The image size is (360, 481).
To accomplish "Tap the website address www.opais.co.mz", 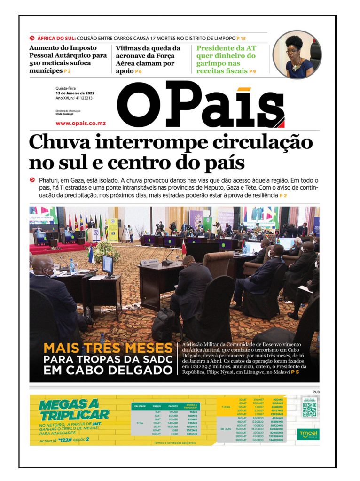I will (80, 123).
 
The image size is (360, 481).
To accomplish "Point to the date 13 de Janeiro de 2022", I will (75, 93).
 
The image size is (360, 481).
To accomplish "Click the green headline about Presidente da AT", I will (227, 60).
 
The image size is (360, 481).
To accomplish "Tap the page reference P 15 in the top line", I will (241, 38).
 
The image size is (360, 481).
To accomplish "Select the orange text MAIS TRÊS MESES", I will (108, 349).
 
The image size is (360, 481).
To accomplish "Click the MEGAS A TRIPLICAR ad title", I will (74, 410).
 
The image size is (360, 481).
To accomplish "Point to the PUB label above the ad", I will (315, 391).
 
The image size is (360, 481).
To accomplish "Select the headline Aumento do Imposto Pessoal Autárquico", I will (68, 59).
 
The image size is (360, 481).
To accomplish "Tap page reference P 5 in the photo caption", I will (295, 372).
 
